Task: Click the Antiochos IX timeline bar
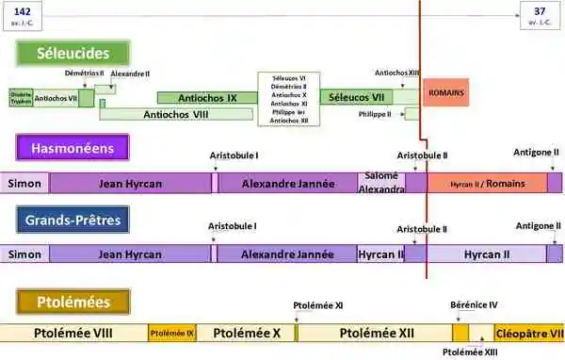point(207,97)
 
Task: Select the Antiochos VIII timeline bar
point(175,115)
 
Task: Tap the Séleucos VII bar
point(357,97)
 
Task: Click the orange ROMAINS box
point(445,93)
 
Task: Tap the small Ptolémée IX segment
point(171,333)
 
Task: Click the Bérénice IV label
point(474,304)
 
